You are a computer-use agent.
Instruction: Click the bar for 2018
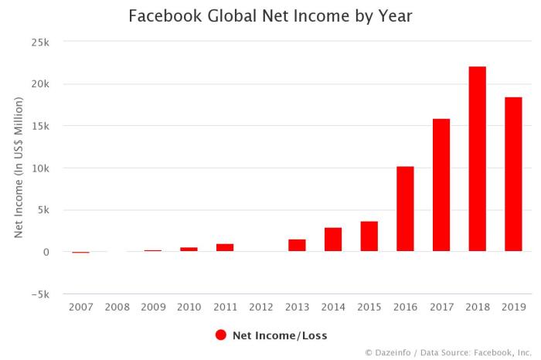pos(478,159)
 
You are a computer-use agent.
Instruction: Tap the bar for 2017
pos(441,185)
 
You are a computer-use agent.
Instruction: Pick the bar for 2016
pos(405,209)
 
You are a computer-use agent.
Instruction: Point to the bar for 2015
pos(369,236)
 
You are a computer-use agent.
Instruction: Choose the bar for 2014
pos(333,239)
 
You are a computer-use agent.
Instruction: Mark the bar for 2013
pos(297,246)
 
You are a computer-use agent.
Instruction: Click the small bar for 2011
pos(225,248)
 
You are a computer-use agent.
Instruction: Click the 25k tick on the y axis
pos(42,42)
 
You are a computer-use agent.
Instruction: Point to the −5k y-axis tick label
pos(40,294)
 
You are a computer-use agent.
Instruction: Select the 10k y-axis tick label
pos(42,168)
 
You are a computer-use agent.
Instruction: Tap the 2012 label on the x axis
pos(261,307)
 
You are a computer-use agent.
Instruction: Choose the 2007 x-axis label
pos(80,307)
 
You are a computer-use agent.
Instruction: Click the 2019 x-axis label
pos(513,307)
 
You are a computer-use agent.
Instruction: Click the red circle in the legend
pos(220,335)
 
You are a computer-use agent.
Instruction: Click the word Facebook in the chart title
pos(161,15)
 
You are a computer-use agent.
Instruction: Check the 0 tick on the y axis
pos(47,252)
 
